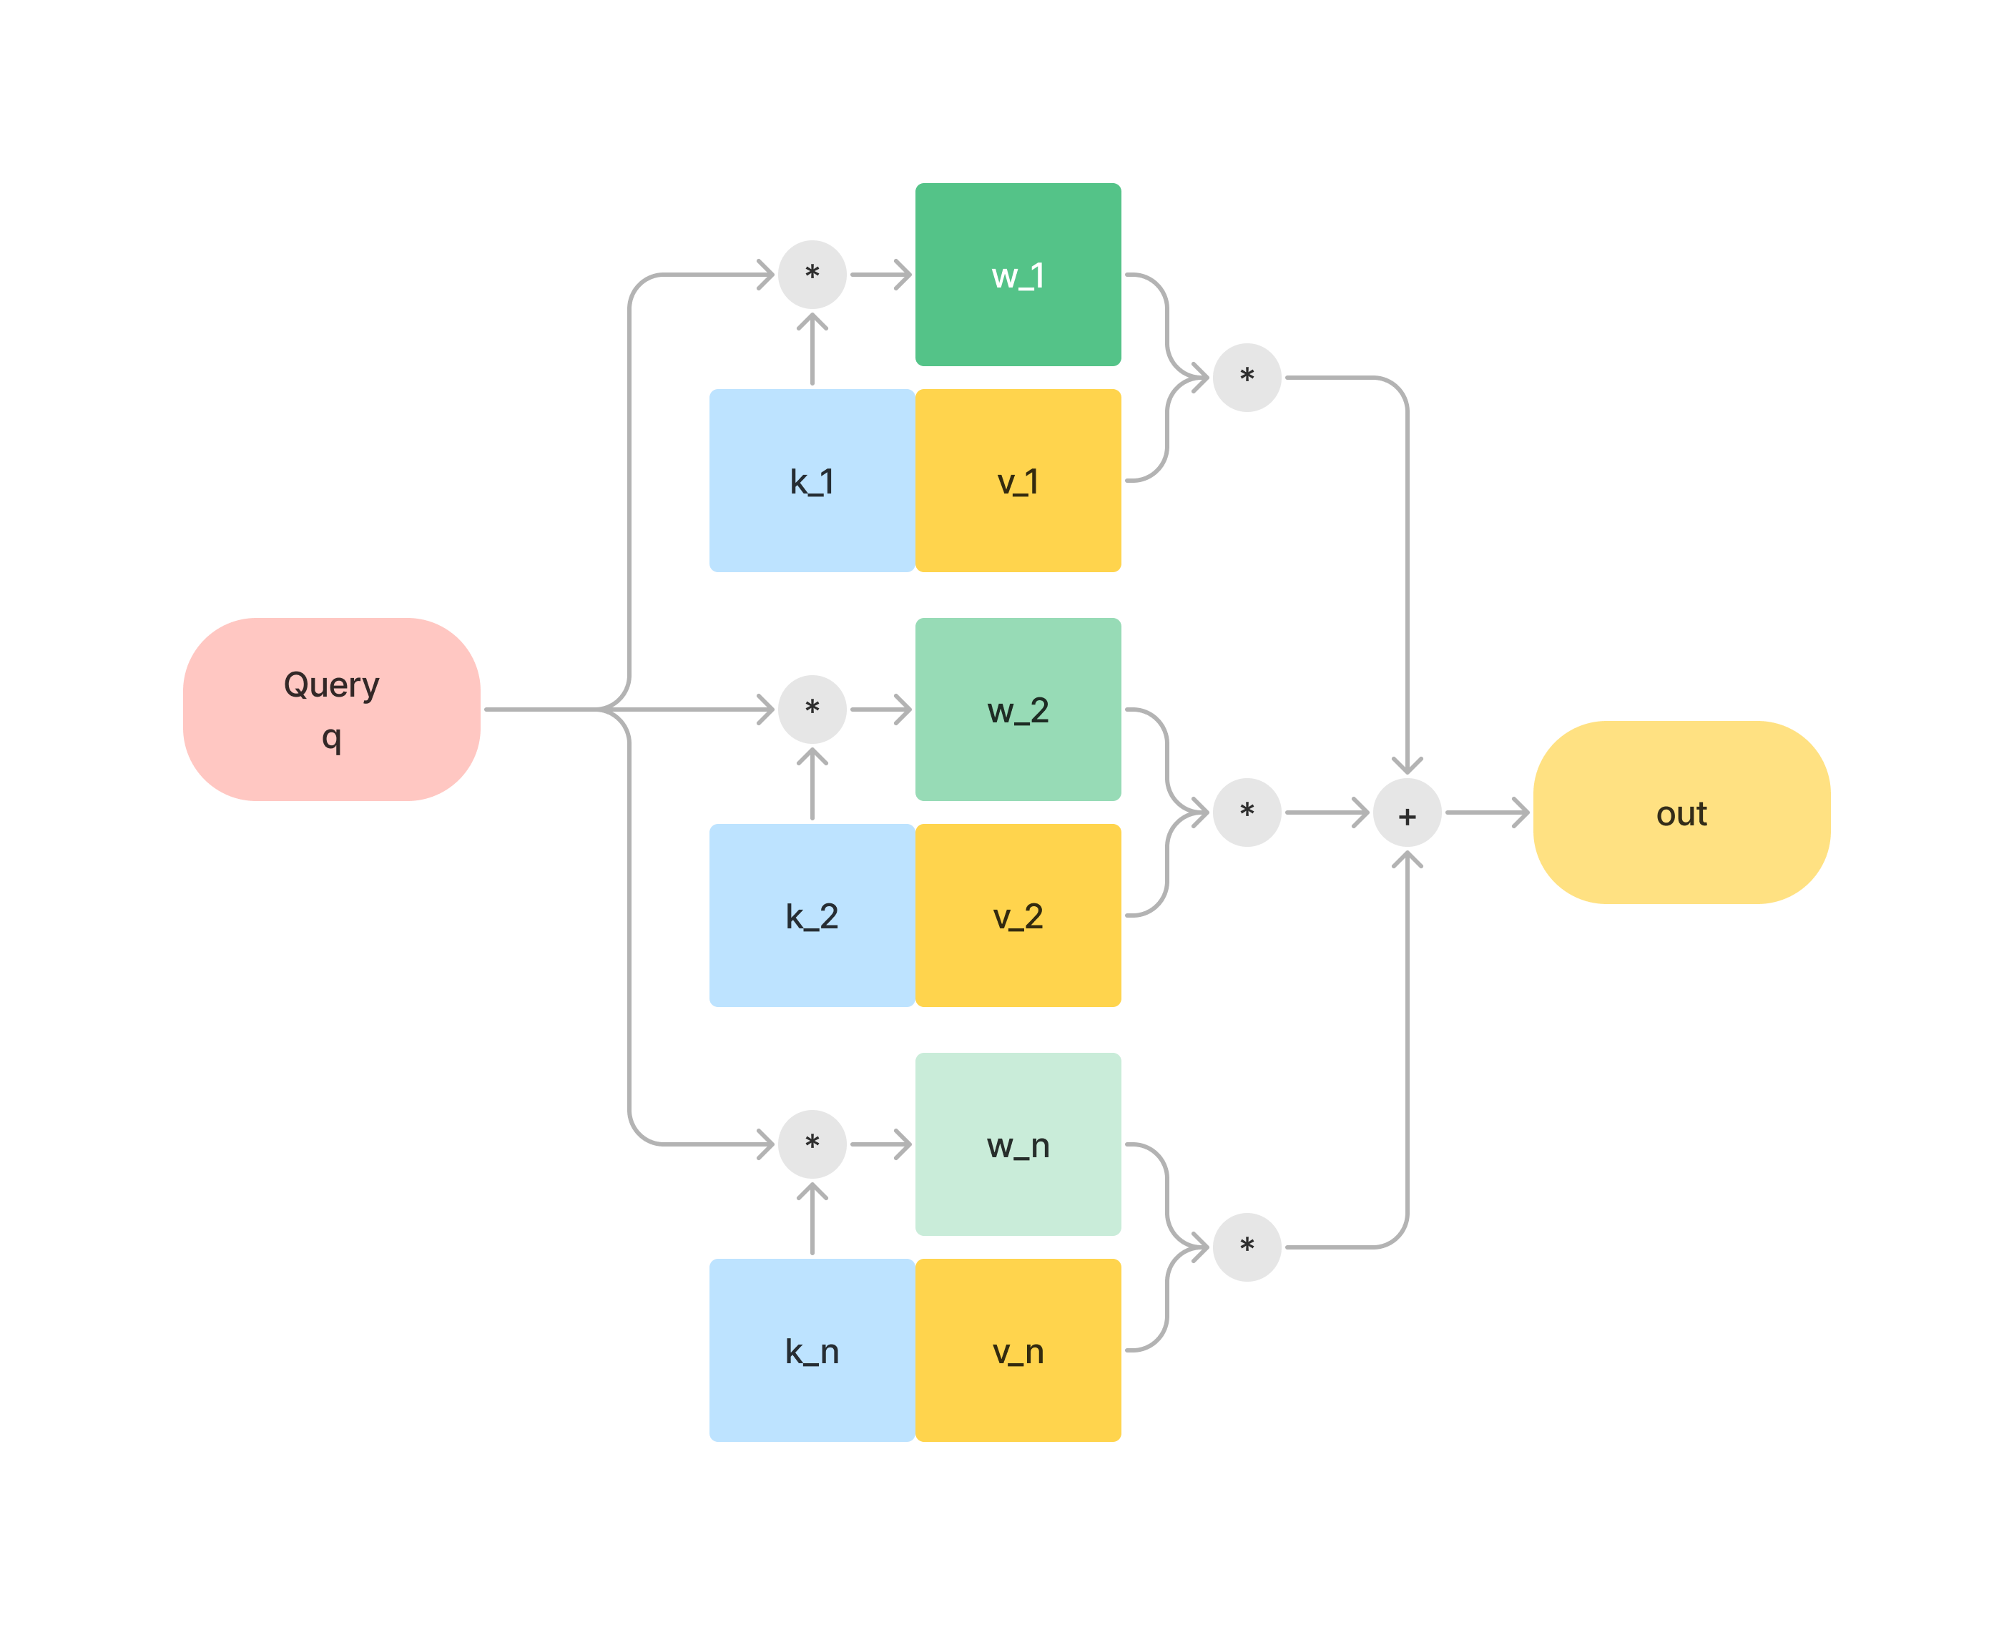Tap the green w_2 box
1017,710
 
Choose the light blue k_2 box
812,915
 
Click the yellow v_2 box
1017,915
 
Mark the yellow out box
1681,812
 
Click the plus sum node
1407,816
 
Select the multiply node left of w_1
812,274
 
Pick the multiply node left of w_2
812,709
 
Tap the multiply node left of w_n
812,1143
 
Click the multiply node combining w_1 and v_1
1247,377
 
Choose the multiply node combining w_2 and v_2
1247,812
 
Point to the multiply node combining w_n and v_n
1247,1247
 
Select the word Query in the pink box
331,684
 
